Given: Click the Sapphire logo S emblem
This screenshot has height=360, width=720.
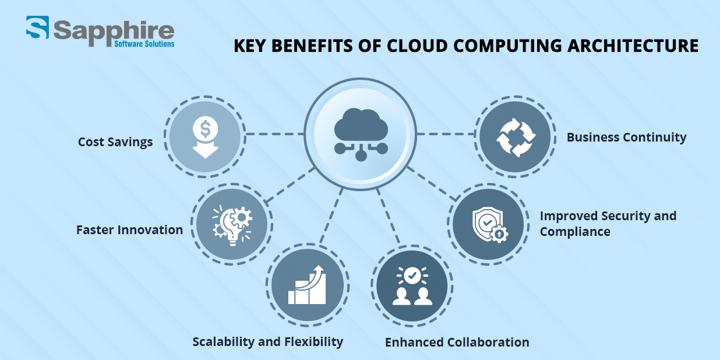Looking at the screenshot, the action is (x=38, y=27).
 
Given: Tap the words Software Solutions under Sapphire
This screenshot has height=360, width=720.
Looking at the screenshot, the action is (x=144, y=44).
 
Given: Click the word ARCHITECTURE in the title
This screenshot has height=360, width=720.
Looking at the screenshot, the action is (x=633, y=45).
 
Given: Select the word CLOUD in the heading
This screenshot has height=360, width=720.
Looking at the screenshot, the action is (x=417, y=45).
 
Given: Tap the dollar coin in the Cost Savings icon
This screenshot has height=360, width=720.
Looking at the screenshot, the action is (x=206, y=129).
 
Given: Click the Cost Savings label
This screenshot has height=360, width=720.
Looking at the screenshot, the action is (x=115, y=142).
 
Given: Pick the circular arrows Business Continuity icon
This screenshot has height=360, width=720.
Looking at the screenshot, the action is (x=516, y=137).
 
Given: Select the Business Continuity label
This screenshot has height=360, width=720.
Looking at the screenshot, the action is (x=626, y=137).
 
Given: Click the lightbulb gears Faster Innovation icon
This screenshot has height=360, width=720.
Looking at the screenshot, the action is (x=232, y=225).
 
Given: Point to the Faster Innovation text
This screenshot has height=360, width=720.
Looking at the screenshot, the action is (x=129, y=230).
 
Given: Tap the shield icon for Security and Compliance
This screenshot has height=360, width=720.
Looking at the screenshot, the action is (x=490, y=225).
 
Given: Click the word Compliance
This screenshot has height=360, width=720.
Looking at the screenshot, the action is (x=575, y=232).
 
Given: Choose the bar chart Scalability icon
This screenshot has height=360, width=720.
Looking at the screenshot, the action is (x=307, y=285).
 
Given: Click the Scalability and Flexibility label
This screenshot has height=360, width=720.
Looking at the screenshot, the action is (x=268, y=342).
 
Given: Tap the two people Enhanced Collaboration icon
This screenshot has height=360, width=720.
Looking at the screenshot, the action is (x=412, y=286).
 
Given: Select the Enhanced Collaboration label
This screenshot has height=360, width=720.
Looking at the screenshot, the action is (x=457, y=343).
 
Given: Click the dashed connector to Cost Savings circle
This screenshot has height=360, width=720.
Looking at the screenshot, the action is (x=275, y=134).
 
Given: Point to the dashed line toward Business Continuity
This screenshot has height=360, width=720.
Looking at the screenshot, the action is (x=446, y=134).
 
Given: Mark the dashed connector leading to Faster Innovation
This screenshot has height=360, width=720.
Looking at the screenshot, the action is (x=290, y=185).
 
